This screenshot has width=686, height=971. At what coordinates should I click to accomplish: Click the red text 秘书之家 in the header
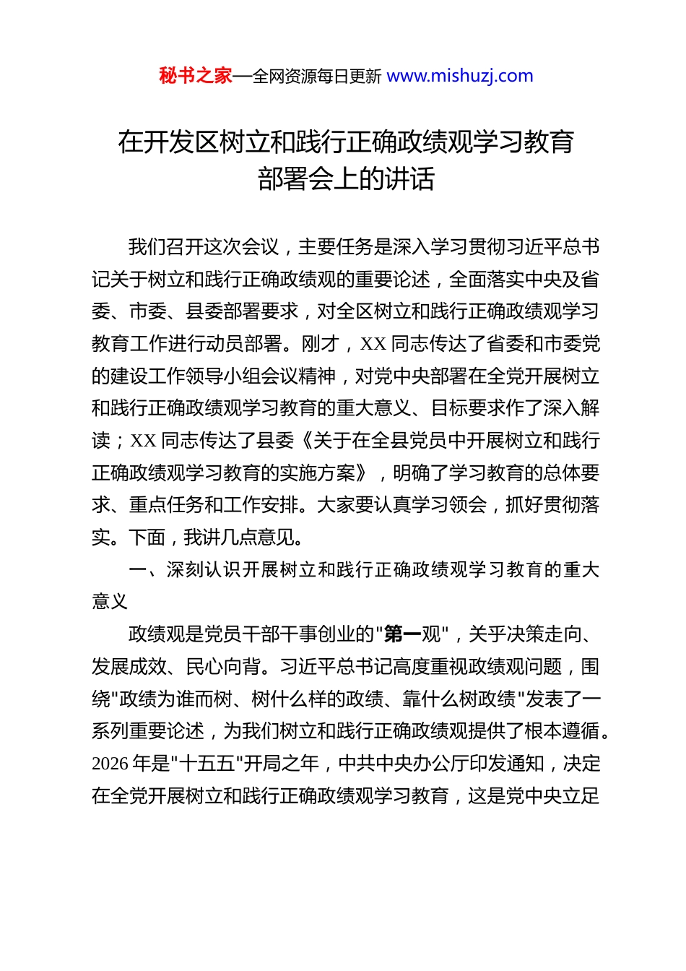point(196,76)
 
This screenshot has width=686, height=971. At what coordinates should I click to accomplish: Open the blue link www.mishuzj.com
point(460,76)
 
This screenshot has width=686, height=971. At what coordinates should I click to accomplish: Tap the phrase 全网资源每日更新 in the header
point(316,77)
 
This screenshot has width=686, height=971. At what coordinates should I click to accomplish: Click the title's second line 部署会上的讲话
point(346,179)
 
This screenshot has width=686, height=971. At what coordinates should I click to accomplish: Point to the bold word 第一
point(403,634)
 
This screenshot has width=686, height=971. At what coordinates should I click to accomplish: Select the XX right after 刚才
point(373,344)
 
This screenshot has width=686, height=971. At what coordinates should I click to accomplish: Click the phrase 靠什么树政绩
point(459,699)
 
